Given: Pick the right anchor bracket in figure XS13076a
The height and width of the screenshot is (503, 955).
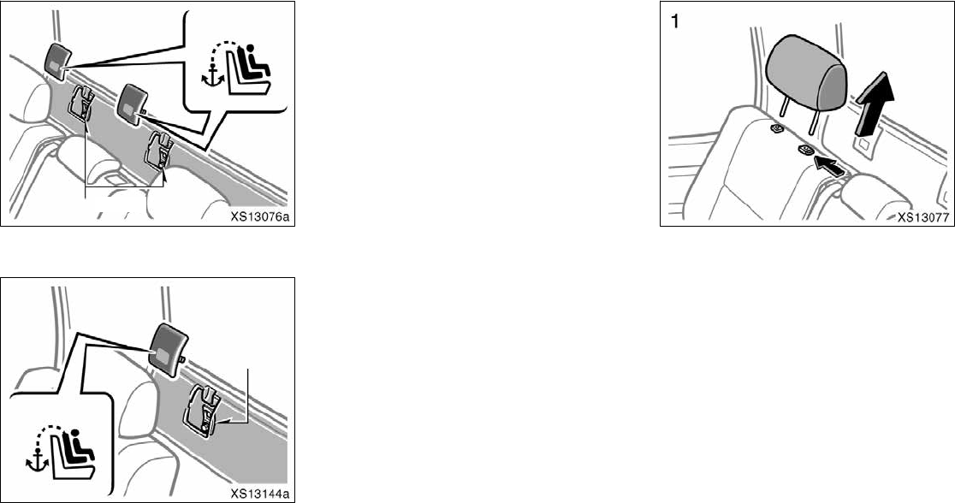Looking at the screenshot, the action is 160,148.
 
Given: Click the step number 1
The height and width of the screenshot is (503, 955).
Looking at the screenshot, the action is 675,23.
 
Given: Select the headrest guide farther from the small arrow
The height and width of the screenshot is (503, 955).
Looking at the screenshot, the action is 777,129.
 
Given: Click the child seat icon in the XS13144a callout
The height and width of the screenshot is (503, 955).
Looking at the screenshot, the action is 74,450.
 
